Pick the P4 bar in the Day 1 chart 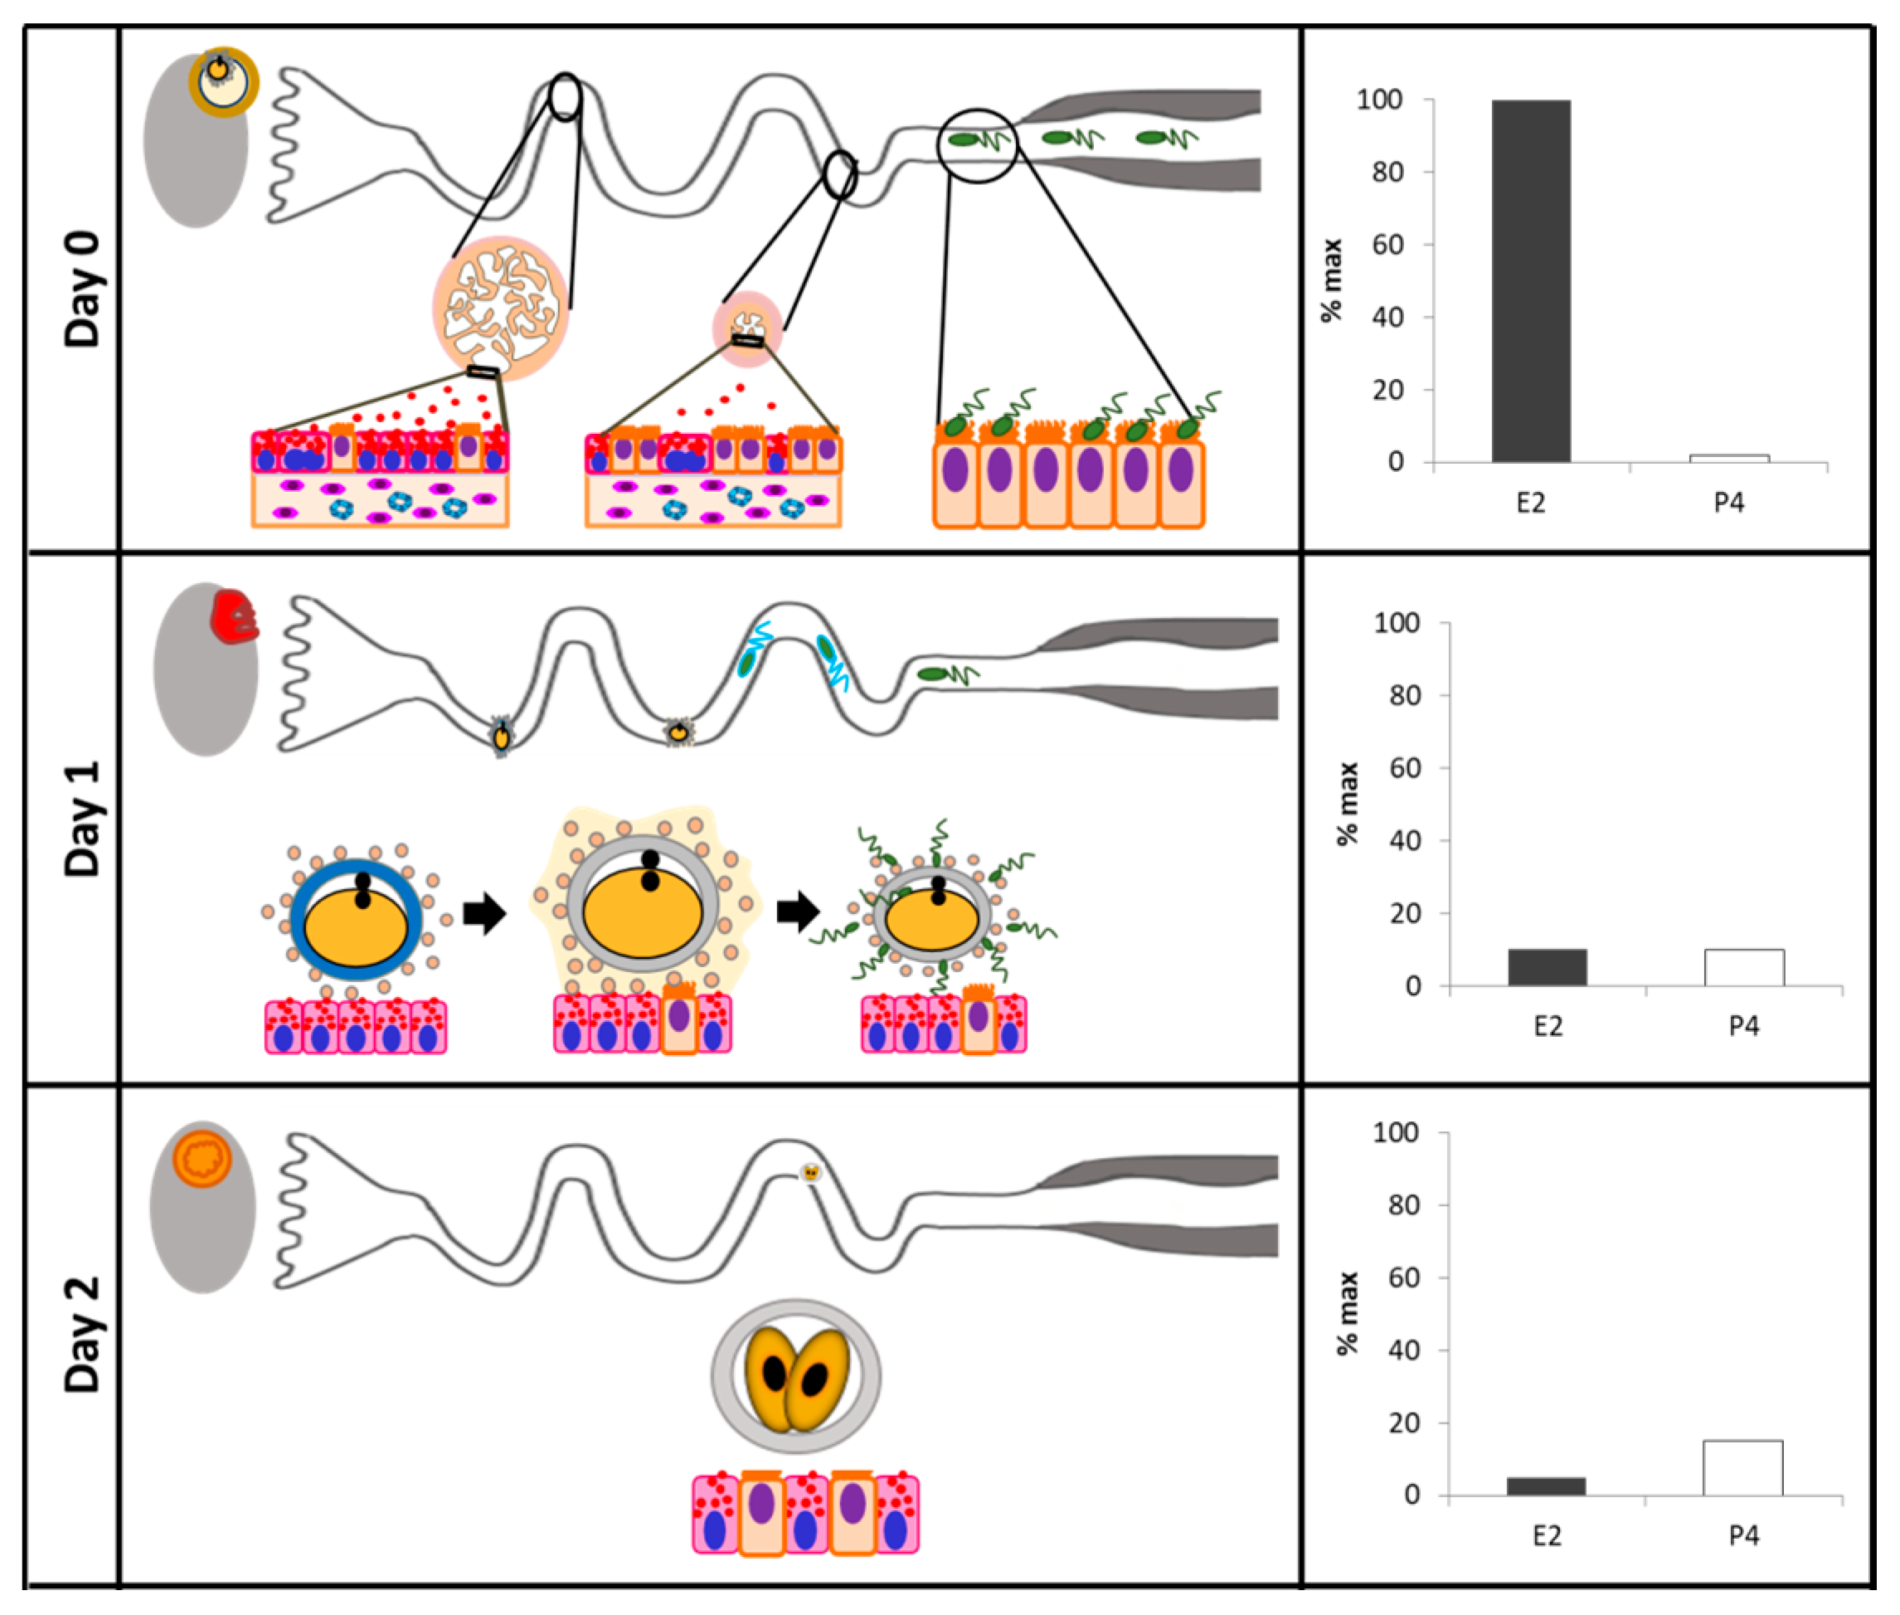click(1743, 967)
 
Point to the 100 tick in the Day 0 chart click(1378, 100)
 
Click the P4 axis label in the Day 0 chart click(1729, 503)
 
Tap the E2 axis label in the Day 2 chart click(1546, 1535)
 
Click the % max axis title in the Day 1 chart click(1346, 804)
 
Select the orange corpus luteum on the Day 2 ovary click(202, 1158)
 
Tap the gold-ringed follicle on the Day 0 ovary click(223, 81)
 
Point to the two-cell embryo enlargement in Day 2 click(796, 1376)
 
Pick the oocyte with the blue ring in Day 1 click(356, 921)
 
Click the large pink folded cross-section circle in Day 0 click(501, 309)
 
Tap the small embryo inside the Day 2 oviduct click(810, 1173)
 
